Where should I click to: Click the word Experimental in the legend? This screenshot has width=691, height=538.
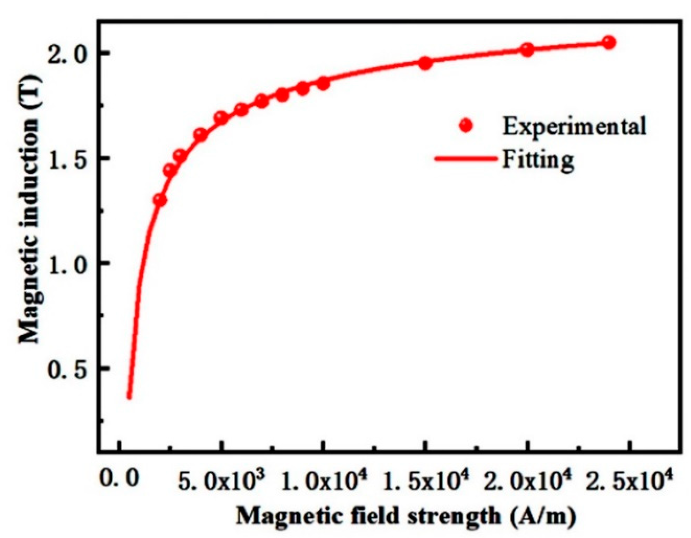(574, 126)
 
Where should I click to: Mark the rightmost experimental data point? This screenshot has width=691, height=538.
(609, 43)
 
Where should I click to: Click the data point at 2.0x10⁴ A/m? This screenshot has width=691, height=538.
(527, 50)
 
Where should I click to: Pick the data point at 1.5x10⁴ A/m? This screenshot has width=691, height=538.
(425, 63)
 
